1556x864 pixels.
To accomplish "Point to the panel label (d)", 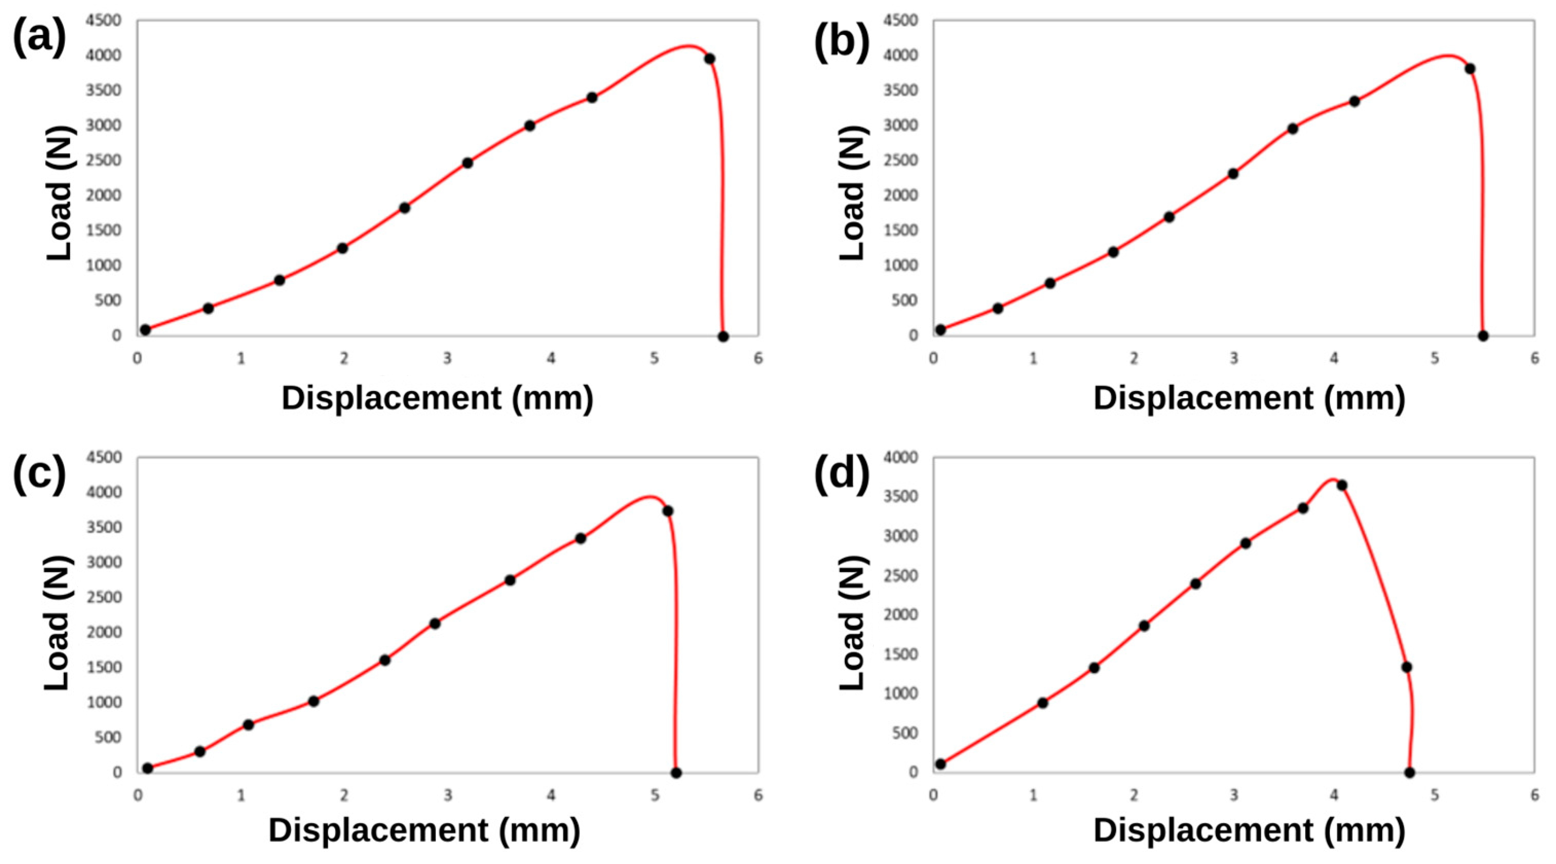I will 841,474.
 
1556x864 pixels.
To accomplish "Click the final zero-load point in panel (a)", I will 723,336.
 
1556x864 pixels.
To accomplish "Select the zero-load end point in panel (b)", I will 1483,336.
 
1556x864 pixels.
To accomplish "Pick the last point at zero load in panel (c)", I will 677,773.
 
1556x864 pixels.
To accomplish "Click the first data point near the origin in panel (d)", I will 941,764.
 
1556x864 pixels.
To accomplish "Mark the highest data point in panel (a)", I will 710,59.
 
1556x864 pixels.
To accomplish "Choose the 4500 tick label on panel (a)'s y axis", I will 104,21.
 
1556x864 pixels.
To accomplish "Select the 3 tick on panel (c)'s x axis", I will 447,796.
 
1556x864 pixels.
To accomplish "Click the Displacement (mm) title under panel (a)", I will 437,399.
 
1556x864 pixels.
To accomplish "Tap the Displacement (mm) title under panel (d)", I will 1249,831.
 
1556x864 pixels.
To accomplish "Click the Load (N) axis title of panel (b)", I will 853,193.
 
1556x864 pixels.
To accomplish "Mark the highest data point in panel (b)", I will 1470,69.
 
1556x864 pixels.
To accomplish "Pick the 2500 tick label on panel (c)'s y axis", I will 104,597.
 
